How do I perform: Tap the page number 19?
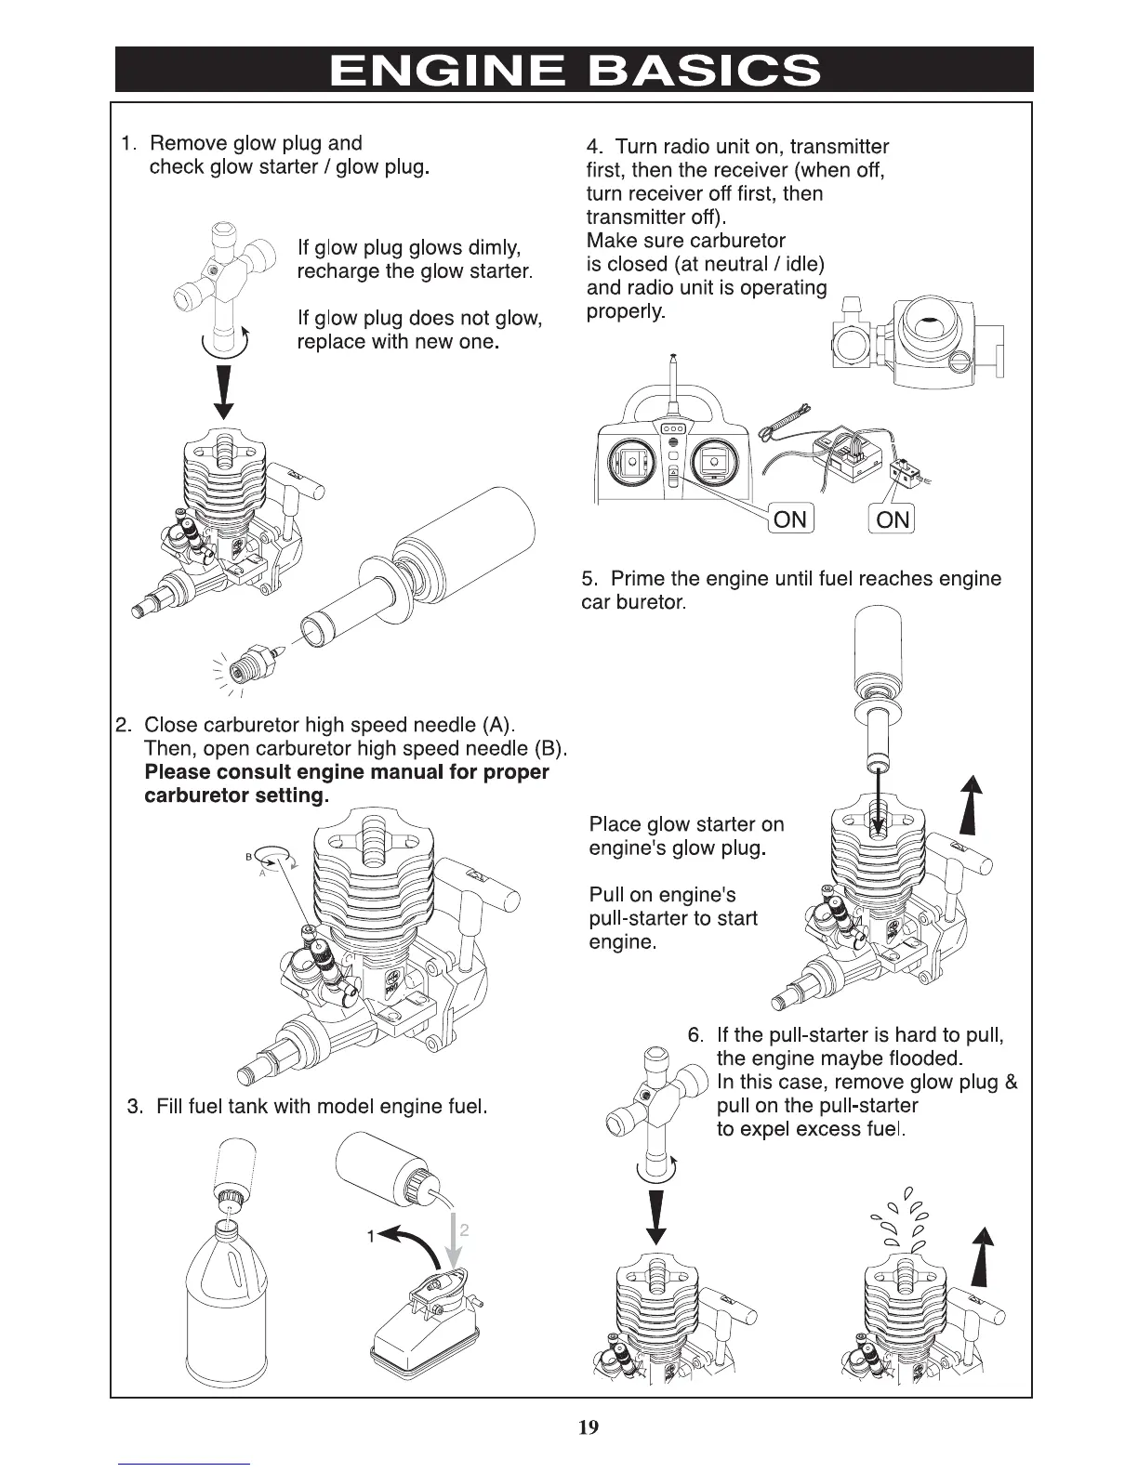point(588,1426)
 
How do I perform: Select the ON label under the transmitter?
point(790,519)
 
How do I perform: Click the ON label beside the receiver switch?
point(893,519)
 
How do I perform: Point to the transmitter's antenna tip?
point(671,358)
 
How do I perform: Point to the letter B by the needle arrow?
point(249,856)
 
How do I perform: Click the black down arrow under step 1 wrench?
point(223,390)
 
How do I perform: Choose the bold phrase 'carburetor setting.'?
point(237,796)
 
